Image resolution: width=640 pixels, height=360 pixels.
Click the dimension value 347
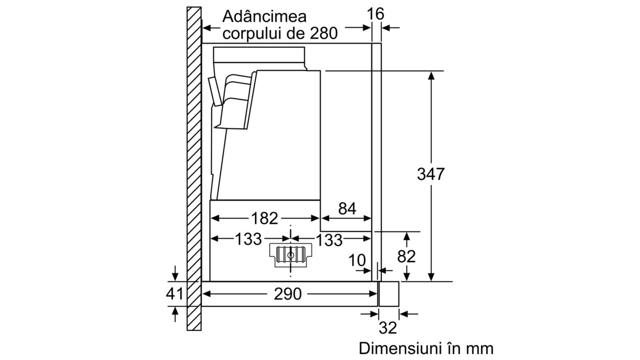pyautogui.click(x=431, y=174)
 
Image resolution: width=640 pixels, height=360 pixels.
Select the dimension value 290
pyautogui.click(x=288, y=294)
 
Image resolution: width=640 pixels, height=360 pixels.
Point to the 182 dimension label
pyautogui.click(x=264, y=218)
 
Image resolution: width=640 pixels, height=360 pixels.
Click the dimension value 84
pyautogui.click(x=347, y=208)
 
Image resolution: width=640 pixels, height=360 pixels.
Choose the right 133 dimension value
pyautogui.click(x=329, y=240)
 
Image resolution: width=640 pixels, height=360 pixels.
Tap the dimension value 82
pyautogui.click(x=406, y=256)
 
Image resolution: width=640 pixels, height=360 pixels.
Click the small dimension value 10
pyautogui.click(x=357, y=260)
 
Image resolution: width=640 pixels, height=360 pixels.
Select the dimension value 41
pyautogui.click(x=174, y=294)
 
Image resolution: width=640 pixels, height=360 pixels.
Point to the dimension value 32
pyautogui.click(x=388, y=328)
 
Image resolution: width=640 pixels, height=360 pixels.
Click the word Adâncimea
pyautogui.click(x=264, y=16)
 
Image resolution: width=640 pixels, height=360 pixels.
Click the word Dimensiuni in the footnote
pyautogui.click(x=398, y=348)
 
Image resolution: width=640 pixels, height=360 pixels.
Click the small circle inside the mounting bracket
pyautogui.click(x=290, y=256)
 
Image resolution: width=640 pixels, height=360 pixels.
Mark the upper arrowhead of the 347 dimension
pyautogui.click(x=431, y=76)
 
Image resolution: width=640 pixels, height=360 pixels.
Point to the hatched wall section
pyautogui.click(x=194, y=168)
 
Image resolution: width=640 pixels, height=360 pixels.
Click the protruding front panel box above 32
pyautogui.click(x=388, y=294)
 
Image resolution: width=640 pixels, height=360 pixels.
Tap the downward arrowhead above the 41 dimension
pyautogui.click(x=175, y=276)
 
